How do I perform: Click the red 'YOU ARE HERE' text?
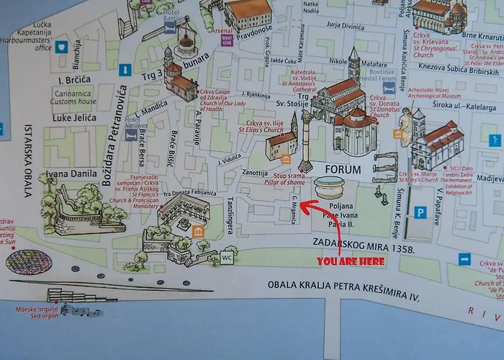(351, 261)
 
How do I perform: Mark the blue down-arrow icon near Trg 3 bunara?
(125, 71)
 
